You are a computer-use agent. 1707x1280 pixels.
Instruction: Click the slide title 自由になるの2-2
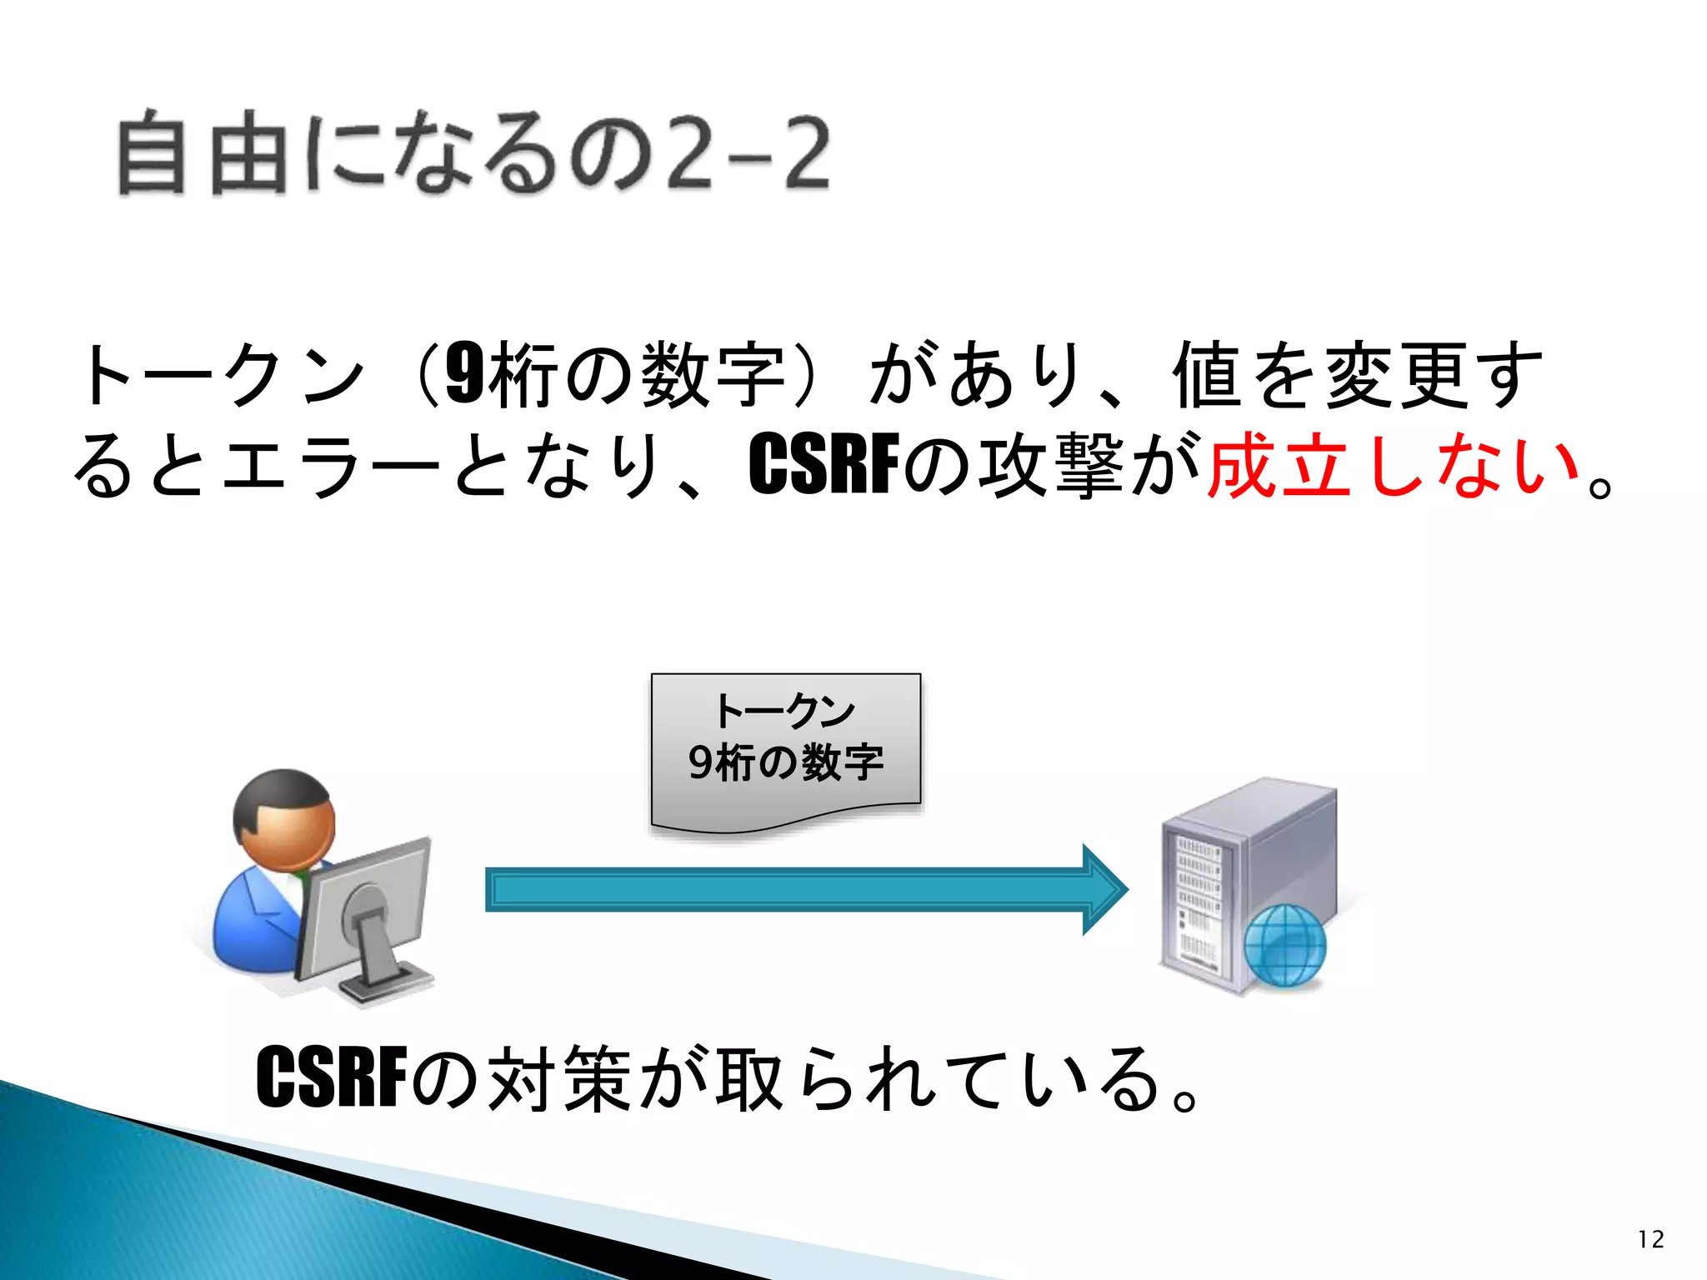[473, 154]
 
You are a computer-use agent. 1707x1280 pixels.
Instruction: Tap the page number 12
[1650, 1239]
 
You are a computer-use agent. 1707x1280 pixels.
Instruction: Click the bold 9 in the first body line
[464, 374]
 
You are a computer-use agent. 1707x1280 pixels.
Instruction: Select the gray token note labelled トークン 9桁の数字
[785, 750]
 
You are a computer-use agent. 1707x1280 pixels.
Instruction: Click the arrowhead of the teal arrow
[1104, 889]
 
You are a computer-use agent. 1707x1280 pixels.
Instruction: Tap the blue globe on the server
[1284, 945]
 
